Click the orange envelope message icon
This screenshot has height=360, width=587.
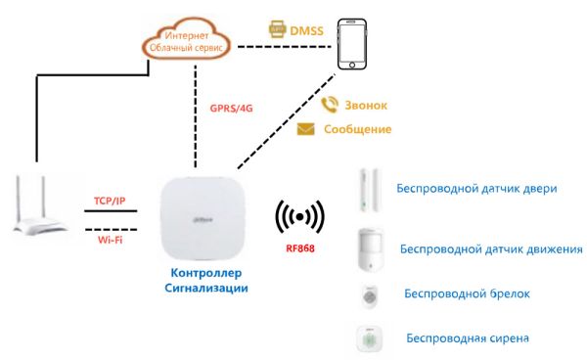click(x=305, y=129)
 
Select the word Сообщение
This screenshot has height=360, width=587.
click(x=357, y=129)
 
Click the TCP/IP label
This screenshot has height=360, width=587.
click(x=108, y=201)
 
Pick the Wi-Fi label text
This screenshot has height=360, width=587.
click(x=108, y=238)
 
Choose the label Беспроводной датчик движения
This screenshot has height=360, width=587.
click(x=492, y=250)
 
